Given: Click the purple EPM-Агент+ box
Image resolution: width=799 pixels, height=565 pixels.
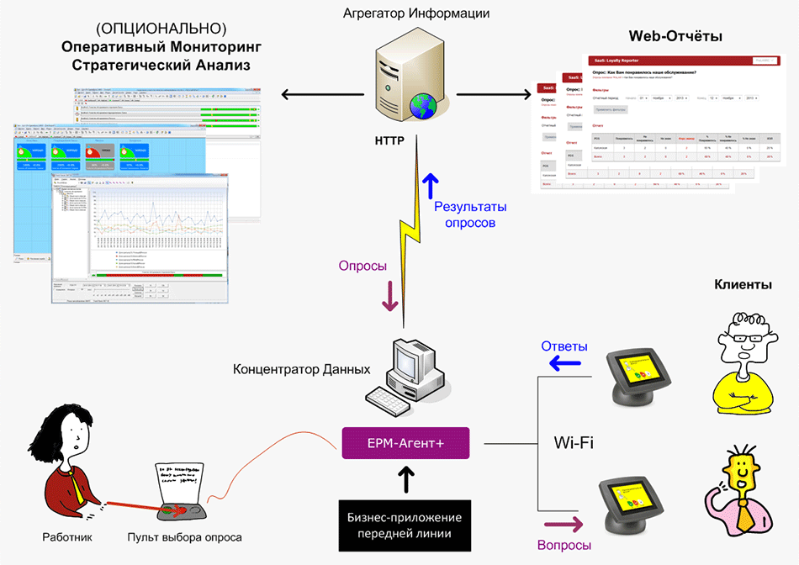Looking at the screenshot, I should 405,442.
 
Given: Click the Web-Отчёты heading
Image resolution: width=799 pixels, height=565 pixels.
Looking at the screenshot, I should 675,36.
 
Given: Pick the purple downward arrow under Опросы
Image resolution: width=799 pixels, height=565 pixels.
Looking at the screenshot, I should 389,297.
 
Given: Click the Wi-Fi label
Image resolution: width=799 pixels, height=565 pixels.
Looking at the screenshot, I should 574,442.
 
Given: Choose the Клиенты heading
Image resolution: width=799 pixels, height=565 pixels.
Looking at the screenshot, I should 743,286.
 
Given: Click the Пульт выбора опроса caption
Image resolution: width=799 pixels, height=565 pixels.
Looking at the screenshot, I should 184,538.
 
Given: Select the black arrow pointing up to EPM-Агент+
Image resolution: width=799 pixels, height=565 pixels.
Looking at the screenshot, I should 405,479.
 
